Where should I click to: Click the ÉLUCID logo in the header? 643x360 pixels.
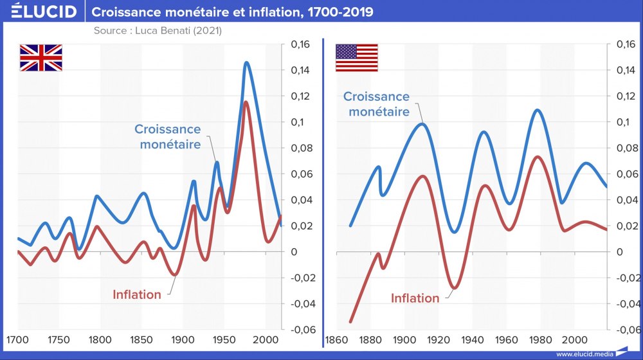(43, 12)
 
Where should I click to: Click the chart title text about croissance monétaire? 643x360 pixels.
(233, 12)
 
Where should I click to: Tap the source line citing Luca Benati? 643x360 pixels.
(158, 30)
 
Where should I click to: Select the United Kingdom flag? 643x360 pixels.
(41, 57)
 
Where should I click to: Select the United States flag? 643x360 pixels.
(357, 57)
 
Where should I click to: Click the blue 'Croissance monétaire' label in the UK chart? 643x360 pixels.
(167, 137)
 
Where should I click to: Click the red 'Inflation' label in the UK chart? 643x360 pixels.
(137, 294)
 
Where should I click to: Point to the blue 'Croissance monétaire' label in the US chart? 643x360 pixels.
(376, 104)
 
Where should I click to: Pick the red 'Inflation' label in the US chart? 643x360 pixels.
(415, 298)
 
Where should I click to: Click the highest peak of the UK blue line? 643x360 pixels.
(246, 62)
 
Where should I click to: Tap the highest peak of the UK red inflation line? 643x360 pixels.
(245, 102)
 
